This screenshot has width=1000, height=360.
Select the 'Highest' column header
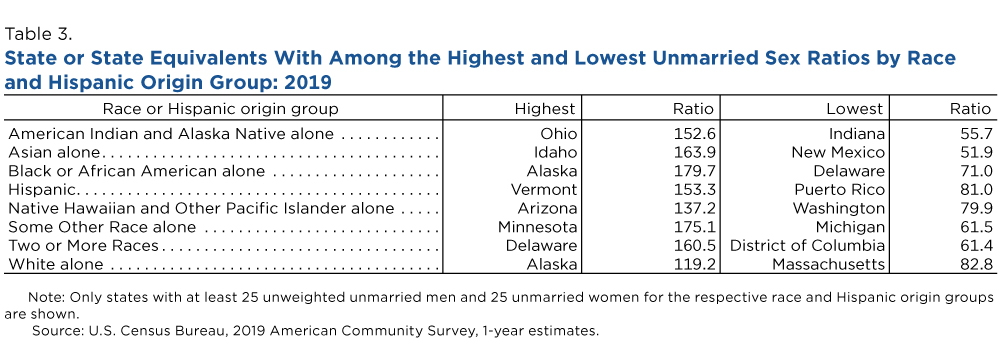545,109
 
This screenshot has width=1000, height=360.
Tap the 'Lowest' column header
855,109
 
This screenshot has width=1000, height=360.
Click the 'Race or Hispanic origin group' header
221,109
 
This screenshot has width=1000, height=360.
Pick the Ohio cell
559,134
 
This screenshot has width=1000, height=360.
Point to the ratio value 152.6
694,134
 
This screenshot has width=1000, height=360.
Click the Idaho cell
557,153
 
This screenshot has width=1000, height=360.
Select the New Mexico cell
838,153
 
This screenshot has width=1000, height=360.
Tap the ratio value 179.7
694,171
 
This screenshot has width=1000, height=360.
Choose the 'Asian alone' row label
54,153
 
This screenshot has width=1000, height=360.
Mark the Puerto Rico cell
839,190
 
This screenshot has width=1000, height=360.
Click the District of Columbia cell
807,245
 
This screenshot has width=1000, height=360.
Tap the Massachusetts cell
828,264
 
